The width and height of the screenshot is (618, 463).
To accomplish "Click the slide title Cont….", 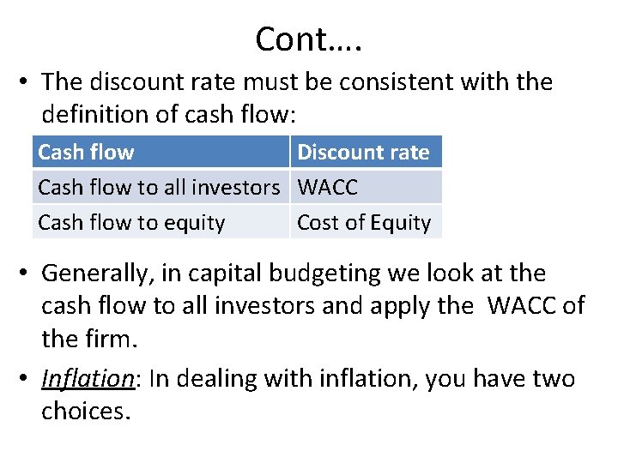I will tap(308, 39).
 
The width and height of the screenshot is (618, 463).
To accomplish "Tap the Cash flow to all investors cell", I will tap(159, 187).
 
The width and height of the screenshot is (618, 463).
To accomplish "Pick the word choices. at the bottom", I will tap(86, 411).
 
